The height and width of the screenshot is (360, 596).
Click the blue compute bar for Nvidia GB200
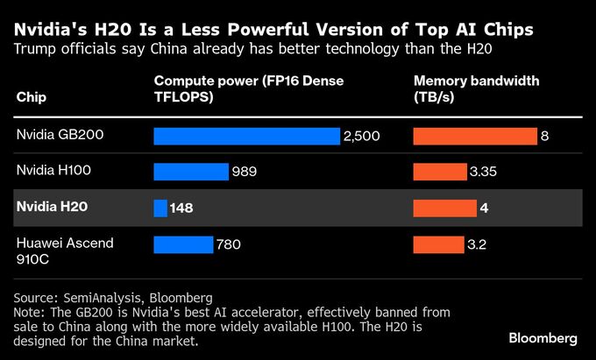[x=246, y=136]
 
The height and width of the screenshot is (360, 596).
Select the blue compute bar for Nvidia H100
[x=191, y=172]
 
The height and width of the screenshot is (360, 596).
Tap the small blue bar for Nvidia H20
[x=160, y=208]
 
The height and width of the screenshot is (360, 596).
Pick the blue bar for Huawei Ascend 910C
[x=183, y=244]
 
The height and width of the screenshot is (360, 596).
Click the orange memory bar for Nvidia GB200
[x=475, y=136]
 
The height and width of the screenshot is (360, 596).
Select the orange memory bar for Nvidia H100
[x=439, y=172]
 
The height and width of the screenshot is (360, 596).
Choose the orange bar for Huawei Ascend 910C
[x=437, y=244]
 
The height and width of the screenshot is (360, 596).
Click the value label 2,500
[x=361, y=136]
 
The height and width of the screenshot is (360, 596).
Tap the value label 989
[x=244, y=172]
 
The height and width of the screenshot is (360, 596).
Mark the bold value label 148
[x=181, y=208]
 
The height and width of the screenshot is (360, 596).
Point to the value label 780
[x=228, y=244]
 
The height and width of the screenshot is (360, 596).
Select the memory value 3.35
[x=483, y=172]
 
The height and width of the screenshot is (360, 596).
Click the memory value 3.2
[x=477, y=244]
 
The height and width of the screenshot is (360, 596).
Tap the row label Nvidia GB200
[x=55, y=136]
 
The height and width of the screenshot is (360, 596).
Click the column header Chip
[x=32, y=96]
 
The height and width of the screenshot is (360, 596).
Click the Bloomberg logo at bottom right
[x=543, y=338]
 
